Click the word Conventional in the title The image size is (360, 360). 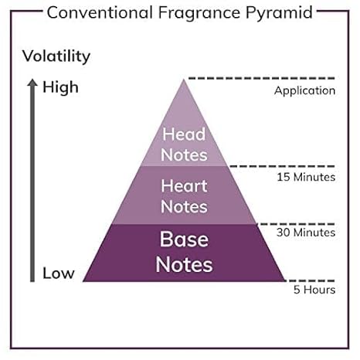(x=100, y=12)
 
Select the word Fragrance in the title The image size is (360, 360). (x=199, y=12)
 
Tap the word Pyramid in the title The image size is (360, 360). (x=279, y=13)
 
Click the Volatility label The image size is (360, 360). (x=56, y=56)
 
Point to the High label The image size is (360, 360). (x=60, y=87)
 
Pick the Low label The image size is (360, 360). (x=59, y=273)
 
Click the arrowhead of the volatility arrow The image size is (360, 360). (x=32, y=83)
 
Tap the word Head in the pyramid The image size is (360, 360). (x=184, y=134)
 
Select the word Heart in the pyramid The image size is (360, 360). (x=184, y=186)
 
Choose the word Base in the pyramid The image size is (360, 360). (x=184, y=239)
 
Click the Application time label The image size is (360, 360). (x=304, y=91)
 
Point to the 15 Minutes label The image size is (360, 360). (x=306, y=177)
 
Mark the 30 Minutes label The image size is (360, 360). (x=306, y=233)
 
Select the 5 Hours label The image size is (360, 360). (x=314, y=290)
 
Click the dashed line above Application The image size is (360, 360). (x=262, y=78)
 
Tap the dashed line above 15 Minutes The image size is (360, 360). (x=282, y=166)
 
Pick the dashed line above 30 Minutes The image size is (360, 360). (x=296, y=224)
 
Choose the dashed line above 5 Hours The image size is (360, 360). (x=311, y=280)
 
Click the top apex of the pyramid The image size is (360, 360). (x=184, y=80)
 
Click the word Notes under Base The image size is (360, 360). (x=185, y=264)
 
